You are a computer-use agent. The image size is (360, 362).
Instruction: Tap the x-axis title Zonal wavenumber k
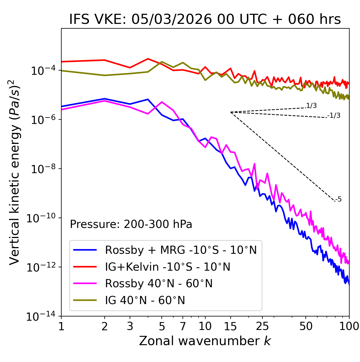205,341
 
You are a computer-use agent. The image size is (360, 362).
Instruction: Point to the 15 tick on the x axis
230,326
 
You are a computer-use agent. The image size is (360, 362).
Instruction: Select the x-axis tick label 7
183,326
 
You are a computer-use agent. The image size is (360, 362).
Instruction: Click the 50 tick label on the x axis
306,326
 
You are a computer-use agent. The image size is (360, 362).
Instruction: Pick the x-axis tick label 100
349,326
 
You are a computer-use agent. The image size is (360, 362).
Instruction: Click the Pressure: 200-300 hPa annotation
131,224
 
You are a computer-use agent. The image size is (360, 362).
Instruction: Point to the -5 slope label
338,200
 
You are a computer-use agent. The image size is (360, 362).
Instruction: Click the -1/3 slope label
334,116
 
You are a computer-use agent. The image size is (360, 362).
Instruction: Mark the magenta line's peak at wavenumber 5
162,102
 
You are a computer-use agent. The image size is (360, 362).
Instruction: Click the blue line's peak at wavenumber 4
148,99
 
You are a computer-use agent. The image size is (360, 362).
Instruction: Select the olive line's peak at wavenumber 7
183,62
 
